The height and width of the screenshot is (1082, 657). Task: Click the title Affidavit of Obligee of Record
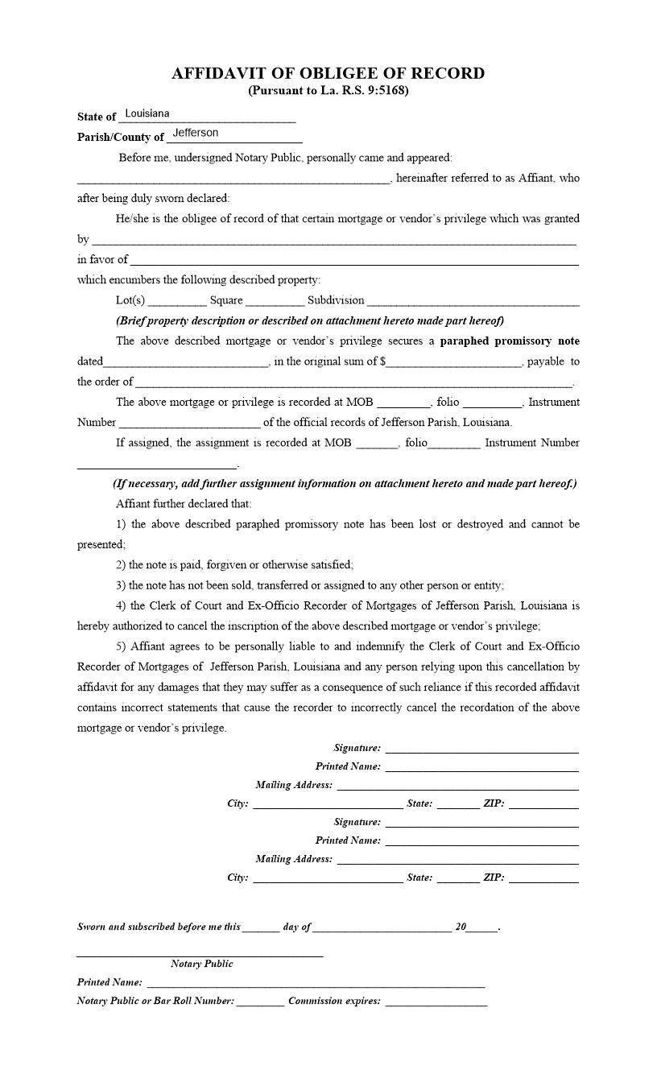(x=328, y=73)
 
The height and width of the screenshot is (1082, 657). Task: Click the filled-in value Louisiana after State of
(x=147, y=114)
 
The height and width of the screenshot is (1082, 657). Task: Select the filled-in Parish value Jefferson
(x=195, y=133)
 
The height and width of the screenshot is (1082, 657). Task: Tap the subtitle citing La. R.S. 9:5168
(x=328, y=90)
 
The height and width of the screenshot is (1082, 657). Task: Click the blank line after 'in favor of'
(x=354, y=259)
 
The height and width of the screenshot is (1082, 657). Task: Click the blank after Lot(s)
(x=177, y=300)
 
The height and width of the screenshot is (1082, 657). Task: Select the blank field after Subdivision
(x=473, y=300)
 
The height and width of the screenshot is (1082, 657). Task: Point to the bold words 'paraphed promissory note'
(x=509, y=341)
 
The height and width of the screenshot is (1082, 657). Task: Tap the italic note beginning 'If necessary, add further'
(x=344, y=484)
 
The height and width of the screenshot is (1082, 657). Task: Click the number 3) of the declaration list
(x=121, y=585)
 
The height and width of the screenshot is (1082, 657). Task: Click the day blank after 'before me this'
(x=260, y=927)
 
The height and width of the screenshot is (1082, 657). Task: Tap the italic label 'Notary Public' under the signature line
(x=201, y=964)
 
